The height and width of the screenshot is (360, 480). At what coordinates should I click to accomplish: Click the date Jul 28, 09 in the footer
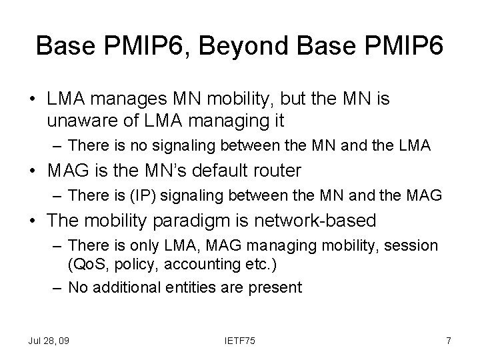(48, 341)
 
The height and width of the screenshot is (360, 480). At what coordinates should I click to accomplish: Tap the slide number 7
(449, 341)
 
